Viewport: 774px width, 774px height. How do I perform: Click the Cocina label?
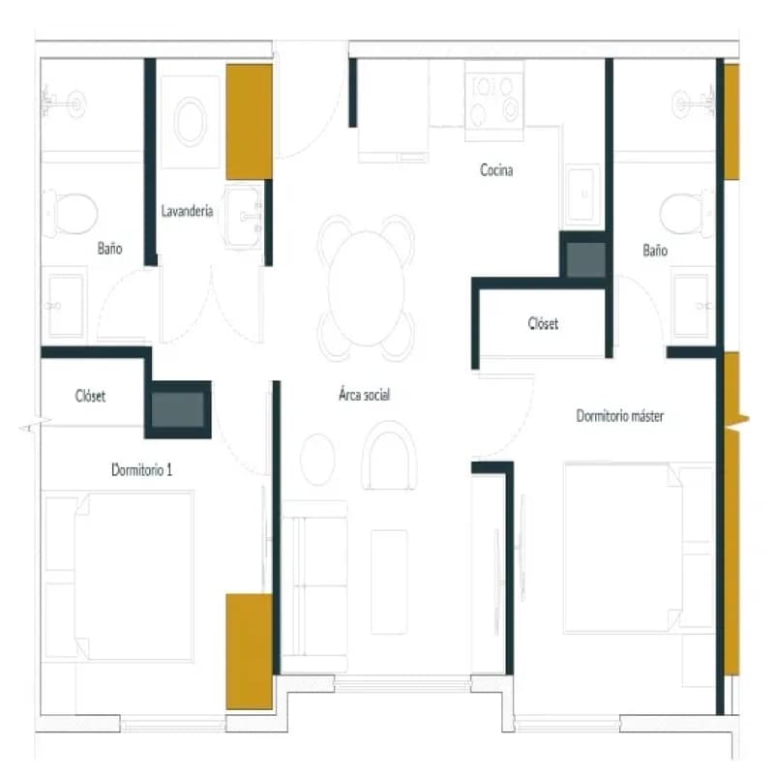coord(496,170)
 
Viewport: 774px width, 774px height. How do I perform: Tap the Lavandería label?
coord(187,211)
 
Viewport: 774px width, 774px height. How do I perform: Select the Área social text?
coord(365,395)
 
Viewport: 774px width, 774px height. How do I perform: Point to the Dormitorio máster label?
coord(620,416)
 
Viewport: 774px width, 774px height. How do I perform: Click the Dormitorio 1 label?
coord(141,469)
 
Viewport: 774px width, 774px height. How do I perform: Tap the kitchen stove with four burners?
coord(494,101)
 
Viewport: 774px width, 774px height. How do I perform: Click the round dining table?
coord(367,288)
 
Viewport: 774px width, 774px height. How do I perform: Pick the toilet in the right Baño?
coord(687,214)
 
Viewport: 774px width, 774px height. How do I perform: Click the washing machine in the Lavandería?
coord(191,122)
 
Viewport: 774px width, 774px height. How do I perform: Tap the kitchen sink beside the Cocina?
coord(582,194)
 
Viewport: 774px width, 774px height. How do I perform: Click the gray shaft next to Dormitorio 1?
coord(178,409)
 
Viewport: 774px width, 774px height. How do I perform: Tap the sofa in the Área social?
coord(315,586)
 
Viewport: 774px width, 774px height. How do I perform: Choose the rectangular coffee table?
coord(389,581)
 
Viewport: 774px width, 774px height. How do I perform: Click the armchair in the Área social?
coord(390,455)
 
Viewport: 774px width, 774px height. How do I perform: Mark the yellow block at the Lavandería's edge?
coord(250,122)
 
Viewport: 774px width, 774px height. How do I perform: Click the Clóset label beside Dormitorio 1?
coord(90,396)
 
